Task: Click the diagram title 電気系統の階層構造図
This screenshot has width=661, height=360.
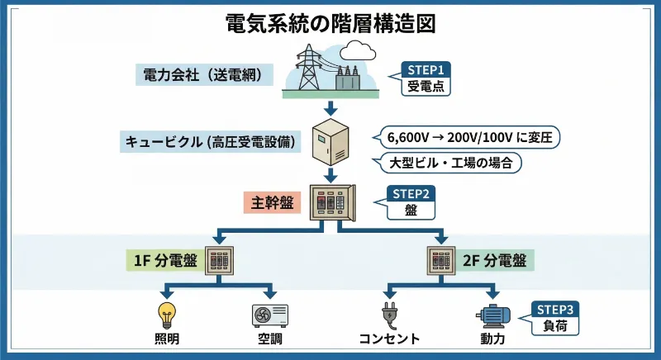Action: coord(330,22)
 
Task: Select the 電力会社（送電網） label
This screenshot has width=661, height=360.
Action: coord(202,75)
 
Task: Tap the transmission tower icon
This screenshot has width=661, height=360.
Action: coord(308,67)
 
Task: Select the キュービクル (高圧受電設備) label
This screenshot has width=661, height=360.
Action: coord(211,140)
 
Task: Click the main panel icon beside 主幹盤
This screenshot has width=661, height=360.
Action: coord(330,201)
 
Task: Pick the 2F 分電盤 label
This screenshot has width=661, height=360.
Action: coord(494,262)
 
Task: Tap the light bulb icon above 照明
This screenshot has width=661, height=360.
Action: coord(168,315)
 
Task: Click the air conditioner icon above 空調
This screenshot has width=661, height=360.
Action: coord(270,315)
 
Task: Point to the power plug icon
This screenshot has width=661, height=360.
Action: coord(389,315)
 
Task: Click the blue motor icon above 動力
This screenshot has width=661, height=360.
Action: coord(493,315)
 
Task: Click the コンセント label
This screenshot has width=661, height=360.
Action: coord(389,339)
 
